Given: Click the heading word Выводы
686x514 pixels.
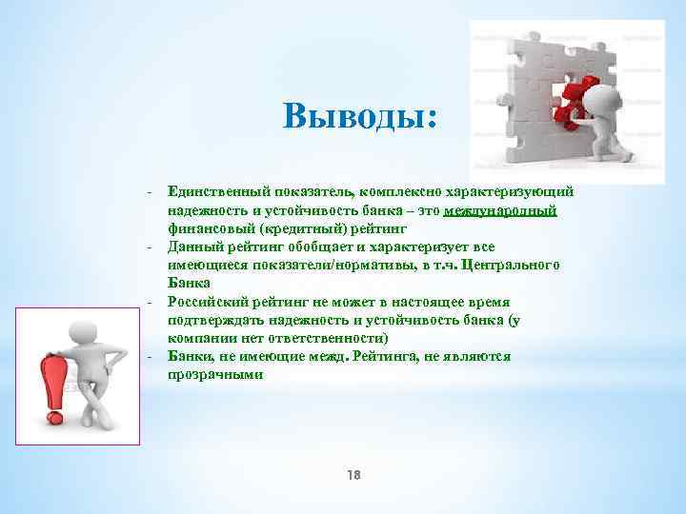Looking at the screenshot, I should tap(359, 117).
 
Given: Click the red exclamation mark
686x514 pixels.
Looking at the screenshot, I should tap(51, 381).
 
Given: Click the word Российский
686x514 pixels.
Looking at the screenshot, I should tap(203, 301).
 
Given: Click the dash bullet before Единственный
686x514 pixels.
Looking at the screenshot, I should tap(151, 192).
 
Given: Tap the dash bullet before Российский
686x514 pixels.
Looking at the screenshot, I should tap(151, 301).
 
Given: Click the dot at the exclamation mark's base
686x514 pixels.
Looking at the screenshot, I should tap(55, 417).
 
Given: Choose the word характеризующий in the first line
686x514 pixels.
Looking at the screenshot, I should tap(510, 192).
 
